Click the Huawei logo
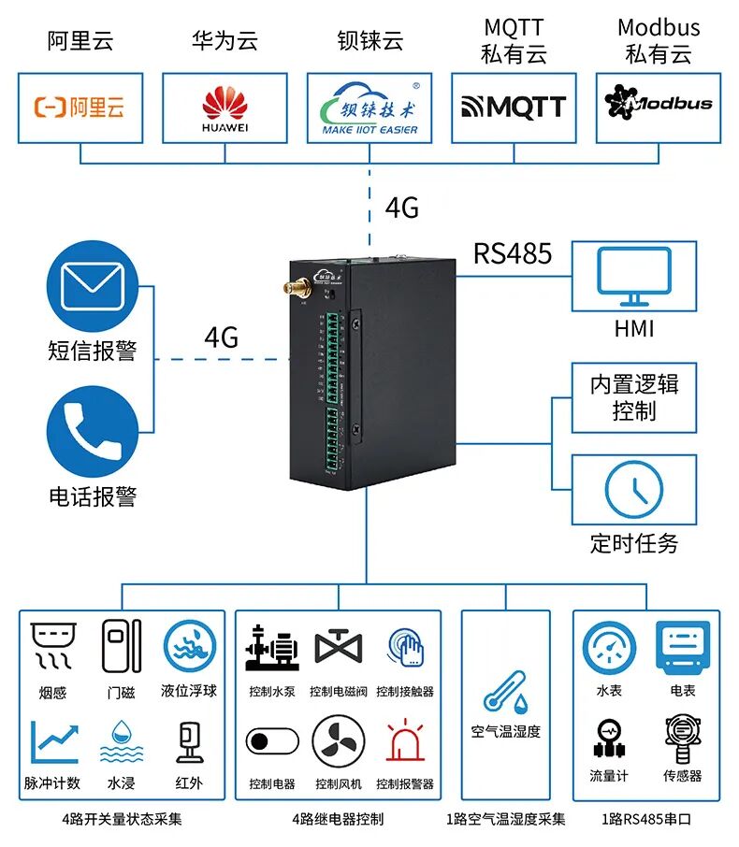225,108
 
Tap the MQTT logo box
514,108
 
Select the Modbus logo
658,103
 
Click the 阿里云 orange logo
80,108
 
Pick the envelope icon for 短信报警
93,286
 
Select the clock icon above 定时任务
633,490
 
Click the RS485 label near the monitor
512,253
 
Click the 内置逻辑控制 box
633,397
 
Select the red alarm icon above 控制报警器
405,741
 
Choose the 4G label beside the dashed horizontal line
222,337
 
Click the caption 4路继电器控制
338,820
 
